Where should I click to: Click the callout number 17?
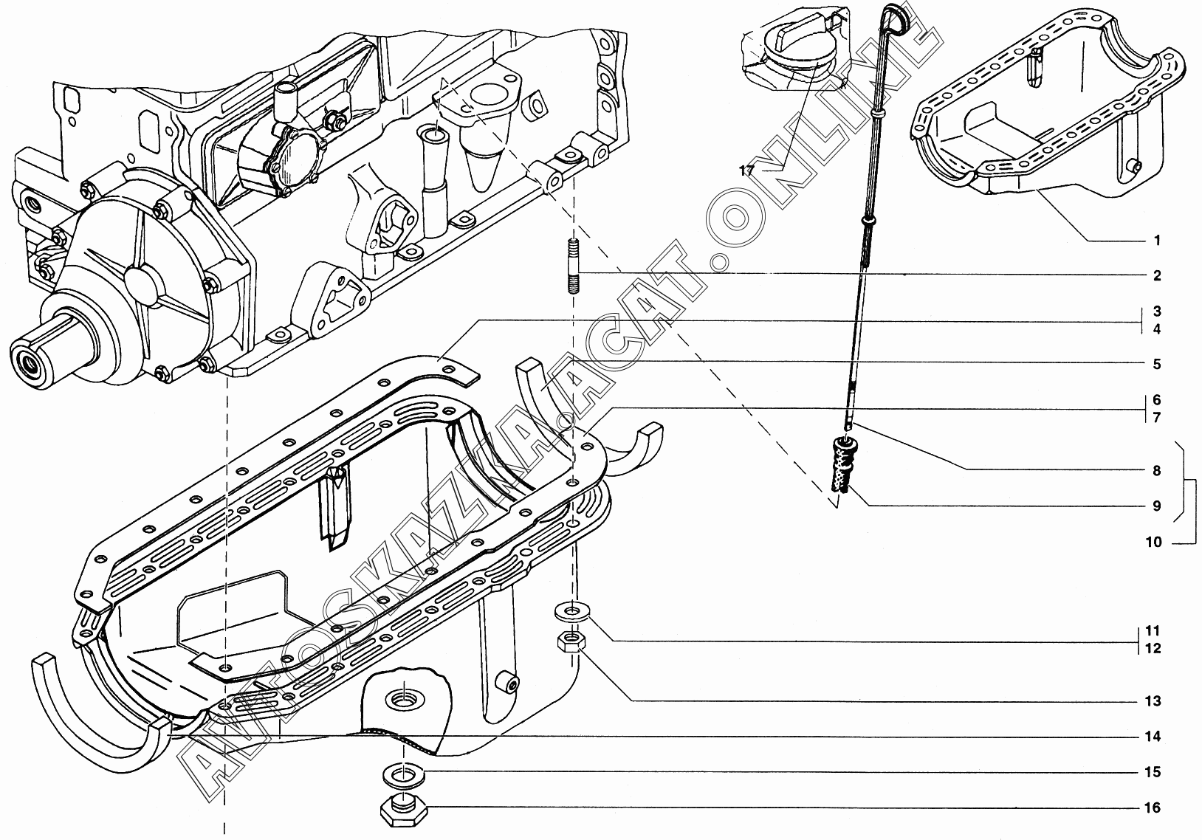(746, 170)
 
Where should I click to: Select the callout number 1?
(1157, 240)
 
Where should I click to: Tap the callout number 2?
(1157, 276)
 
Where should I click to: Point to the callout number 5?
(1157, 365)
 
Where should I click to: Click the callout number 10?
(1153, 542)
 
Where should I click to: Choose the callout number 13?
(1153, 701)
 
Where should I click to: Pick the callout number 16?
(1153, 808)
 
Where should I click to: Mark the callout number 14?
(1153, 737)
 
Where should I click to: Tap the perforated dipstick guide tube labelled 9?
(844, 465)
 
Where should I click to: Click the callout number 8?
(1157, 471)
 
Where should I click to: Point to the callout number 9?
(1157, 506)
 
